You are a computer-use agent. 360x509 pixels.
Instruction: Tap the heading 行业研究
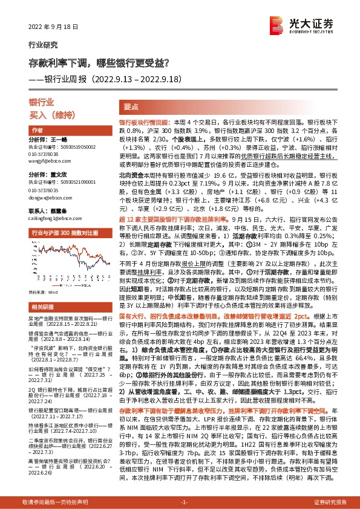[x=43, y=44]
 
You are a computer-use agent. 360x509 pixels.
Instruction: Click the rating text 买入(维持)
[x=47, y=114]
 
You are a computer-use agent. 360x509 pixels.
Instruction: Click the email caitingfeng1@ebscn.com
[x=51, y=218]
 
